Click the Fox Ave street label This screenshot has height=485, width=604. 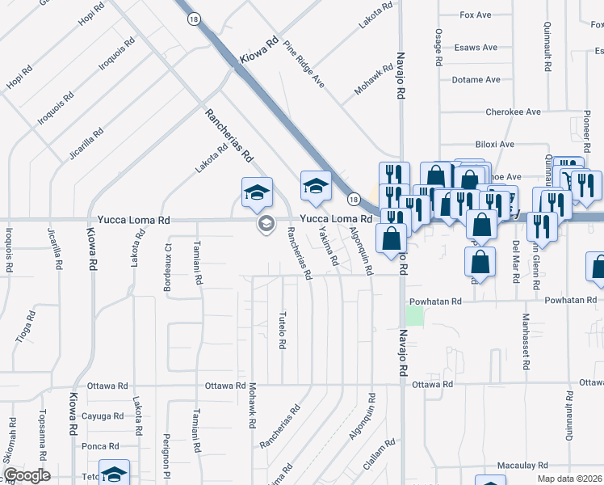(476, 15)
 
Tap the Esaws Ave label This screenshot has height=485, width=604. (476, 48)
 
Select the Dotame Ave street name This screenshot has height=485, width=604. (476, 80)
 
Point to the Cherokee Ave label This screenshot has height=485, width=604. (513, 112)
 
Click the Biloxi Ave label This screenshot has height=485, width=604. (495, 145)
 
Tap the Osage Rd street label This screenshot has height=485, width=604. (438, 47)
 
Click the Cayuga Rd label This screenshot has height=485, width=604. (103, 416)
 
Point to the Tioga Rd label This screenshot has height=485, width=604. (26, 327)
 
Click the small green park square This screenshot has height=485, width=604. (413, 315)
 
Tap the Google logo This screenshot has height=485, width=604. (27, 474)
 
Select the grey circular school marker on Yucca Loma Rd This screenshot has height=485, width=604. (264, 224)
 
